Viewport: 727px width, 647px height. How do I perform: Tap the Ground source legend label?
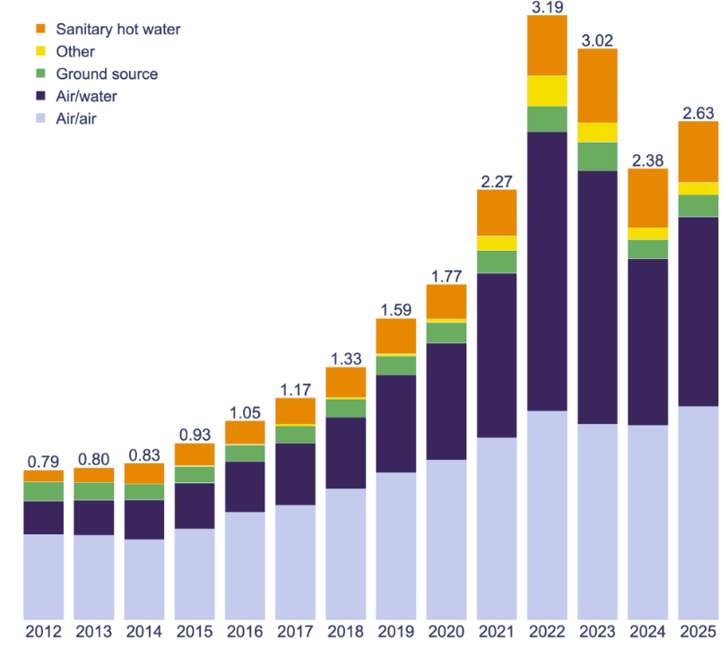(x=106, y=73)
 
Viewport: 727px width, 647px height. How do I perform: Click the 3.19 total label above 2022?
(x=548, y=8)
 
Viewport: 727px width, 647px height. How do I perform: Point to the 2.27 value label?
(x=498, y=181)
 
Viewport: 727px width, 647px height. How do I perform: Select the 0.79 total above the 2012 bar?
(x=43, y=462)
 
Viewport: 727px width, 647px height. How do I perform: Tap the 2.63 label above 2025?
(x=698, y=113)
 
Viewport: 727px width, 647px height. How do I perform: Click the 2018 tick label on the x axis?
(x=346, y=630)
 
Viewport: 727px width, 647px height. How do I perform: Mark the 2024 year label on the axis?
(x=648, y=630)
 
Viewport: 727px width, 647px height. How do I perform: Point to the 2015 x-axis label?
(x=195, y=630)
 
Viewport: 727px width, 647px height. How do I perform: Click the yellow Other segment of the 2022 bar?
(x=548, y=91)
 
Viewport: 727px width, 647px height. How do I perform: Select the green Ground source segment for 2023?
(x=598, y=156)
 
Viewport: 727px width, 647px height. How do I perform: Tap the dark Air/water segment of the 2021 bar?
(x=498, y=355)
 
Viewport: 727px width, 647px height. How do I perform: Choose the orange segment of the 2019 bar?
(x=396, y=336)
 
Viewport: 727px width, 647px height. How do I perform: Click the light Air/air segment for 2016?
(x=245, y=565)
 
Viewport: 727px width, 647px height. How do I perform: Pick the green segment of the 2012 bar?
(x=43, y=491)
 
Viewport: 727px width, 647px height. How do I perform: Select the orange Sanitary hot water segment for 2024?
(x=648, y=198)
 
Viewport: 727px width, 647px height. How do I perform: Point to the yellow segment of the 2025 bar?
(x=698, y=188)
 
